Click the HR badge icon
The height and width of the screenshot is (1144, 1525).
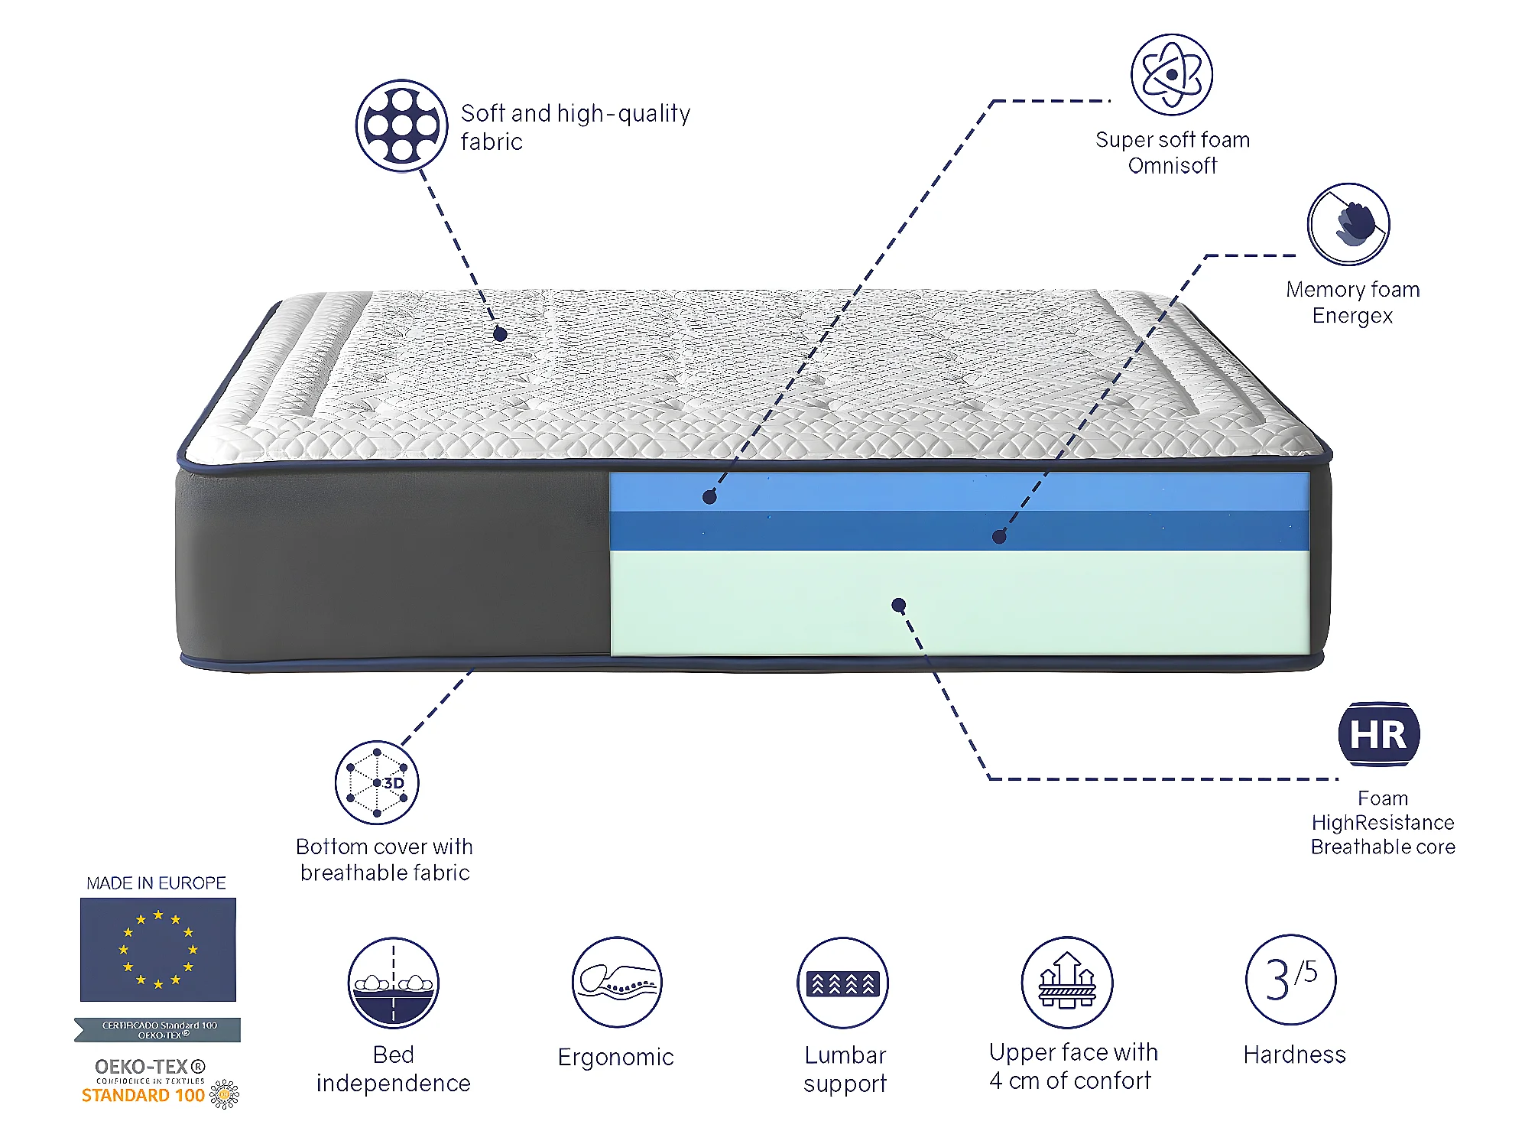[x=1378, y=734]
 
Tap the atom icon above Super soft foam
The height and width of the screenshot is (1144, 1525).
[x=1171, y=74]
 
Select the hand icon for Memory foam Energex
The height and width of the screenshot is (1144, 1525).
[x=1348, y=224]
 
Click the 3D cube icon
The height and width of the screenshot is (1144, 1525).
[x=377, y=782]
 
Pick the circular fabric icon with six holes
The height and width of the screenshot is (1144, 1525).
[x=402, y=125]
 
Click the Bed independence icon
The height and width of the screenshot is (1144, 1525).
[x=394, y=983]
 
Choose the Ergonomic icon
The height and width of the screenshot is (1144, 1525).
[x=617, y=982]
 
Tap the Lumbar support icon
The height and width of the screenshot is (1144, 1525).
[x=843, y=983]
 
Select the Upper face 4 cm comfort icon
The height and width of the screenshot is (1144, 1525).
[x=1067, y=983]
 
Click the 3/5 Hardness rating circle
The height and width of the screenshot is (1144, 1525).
[x=1291, y=980]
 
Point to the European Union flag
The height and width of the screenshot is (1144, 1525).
[x=158, y=949]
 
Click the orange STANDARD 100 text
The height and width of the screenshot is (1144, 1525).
[x=143, y=1095]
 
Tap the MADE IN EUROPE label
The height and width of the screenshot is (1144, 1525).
[x=156, y=883]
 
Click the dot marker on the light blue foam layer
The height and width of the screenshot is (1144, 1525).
[x=709, y=497]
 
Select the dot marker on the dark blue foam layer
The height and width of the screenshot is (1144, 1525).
[x=998, y=537]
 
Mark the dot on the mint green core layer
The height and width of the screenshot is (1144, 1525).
[x=899, y=606]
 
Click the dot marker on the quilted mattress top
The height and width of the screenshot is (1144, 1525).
[x=500, y=334]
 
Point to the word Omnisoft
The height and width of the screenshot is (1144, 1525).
[x=1172, y=166]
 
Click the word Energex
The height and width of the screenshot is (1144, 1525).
[x=1352, y=316]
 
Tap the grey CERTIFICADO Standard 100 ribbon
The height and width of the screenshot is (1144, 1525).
[x=158, y=1029]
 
